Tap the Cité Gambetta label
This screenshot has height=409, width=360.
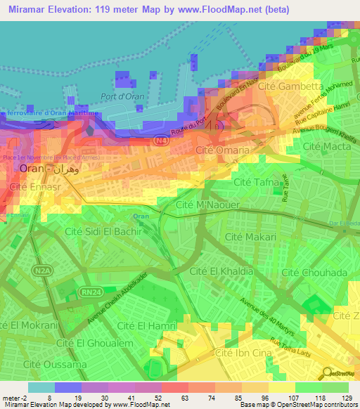click(288, 86)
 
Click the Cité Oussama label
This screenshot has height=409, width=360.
click(53, 364)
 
